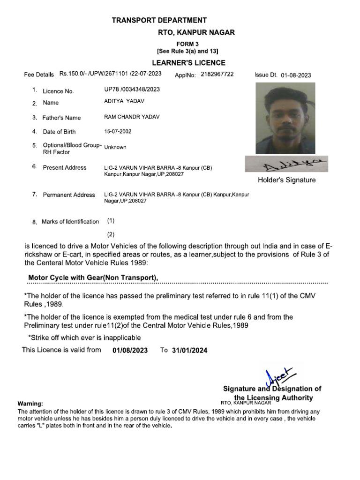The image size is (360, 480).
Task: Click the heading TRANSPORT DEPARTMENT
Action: (x=159, y=20)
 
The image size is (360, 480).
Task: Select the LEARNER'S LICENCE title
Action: (x=188, y=63)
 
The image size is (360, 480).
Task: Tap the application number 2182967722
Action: (x=217, y=75)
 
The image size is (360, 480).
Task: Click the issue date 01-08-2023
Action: (x=296, y=75)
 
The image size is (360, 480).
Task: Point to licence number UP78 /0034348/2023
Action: (x=132, y=90)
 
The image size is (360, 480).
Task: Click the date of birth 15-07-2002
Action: (x=118, y=131)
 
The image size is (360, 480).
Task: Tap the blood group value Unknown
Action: (x=115, y=147)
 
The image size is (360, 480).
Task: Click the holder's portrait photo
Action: (x=285, y=118)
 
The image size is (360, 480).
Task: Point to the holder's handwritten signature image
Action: (x=286, y=164)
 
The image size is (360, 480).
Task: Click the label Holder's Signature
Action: (x=286, y=180)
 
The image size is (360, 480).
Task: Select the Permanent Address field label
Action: (x=68, y=195)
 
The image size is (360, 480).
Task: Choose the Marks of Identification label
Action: (x=70, y=222)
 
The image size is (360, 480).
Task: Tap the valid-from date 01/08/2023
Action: (x=130, y=350)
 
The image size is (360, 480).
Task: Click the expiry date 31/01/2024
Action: (x=189, y=350)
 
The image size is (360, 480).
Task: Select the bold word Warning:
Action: (x=30, y=404)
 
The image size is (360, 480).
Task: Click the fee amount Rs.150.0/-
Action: (x=72, y=74)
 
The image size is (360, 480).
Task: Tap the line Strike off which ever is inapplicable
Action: (x=84, y=337)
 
